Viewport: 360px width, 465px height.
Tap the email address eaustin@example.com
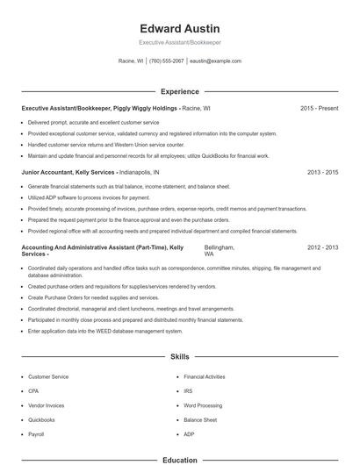(215, 61)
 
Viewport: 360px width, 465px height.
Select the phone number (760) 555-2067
(167, 61)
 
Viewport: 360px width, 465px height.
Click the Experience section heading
(180, 91)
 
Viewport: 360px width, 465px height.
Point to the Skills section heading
(180, 358)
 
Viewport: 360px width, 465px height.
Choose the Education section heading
(180, 460)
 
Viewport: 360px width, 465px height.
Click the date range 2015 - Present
(319, 108)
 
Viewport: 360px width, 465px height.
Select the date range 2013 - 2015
(322, 173)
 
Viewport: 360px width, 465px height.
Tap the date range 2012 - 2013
(322, 248)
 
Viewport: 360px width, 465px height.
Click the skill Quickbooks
(41, 420)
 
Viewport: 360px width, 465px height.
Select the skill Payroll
(36, 434)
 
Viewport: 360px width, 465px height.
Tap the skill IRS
(188, 390)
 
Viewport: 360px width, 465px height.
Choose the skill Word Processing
(202, 405)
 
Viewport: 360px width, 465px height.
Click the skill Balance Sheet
(200, 420)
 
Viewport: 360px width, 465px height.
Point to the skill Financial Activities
(205, 376)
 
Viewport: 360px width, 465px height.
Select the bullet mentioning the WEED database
(105, 332)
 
